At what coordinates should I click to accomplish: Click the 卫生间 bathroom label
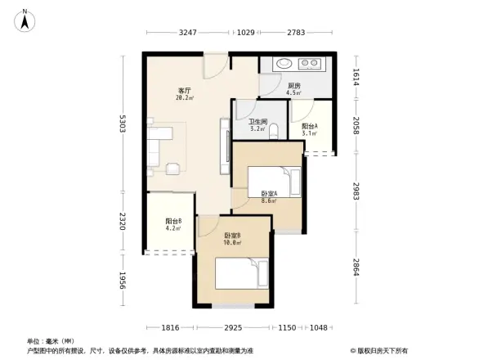pos(258,124)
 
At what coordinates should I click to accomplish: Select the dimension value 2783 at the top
pos(296,32)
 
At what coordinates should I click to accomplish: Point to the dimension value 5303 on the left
pos(122,124)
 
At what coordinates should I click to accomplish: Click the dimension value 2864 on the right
pos(357,268)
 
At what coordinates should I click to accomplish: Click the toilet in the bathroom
pos(274,130)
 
